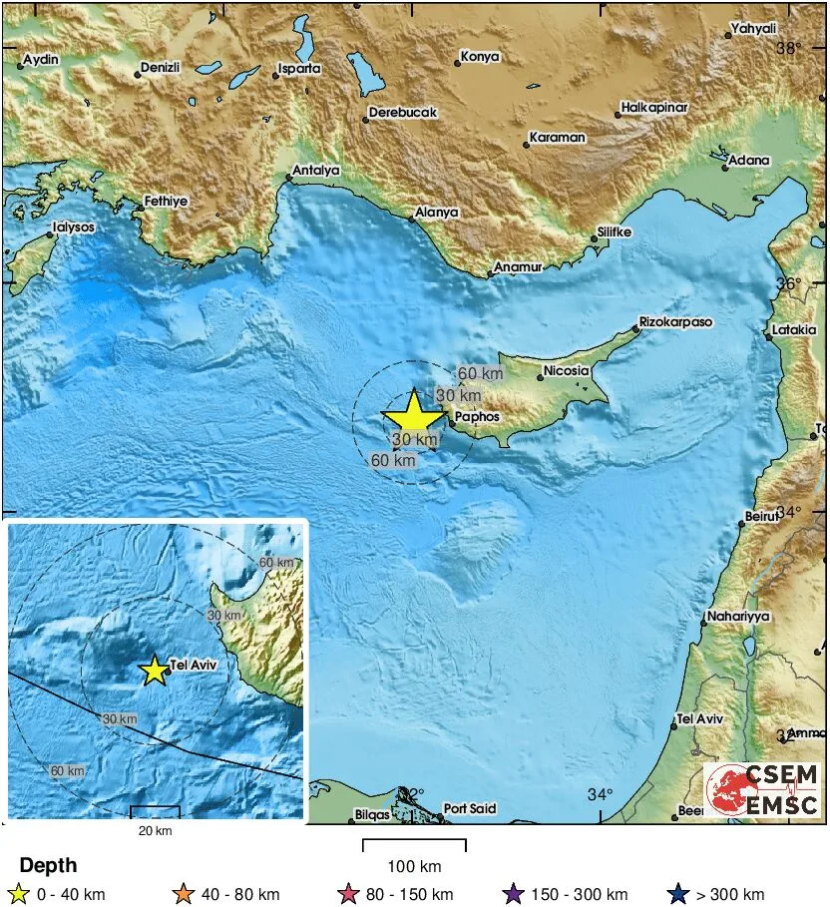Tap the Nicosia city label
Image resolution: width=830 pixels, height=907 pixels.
click(x=567, y=372)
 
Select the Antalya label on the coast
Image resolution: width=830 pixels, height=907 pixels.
click(x=317, y=171)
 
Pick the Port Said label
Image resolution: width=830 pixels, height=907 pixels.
click(x=469, y=809)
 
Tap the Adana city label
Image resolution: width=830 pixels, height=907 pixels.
click(x=749, y=160)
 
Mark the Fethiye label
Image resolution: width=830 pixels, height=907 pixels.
click(x=166, y=201)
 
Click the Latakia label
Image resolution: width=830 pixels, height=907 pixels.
click(x=795, y=330)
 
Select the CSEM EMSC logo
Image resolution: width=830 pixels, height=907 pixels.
click(x=763, y=789)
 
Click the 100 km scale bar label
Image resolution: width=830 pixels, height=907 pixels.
click(x=414, y=865)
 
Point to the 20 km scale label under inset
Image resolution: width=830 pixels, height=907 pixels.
click(x=154, y=831)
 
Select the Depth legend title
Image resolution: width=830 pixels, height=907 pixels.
click(x=48, y=865)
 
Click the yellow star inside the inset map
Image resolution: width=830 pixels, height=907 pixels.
click(x=154, y=671)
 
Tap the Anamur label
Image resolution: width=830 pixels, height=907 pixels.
click(x=519, y=267)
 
